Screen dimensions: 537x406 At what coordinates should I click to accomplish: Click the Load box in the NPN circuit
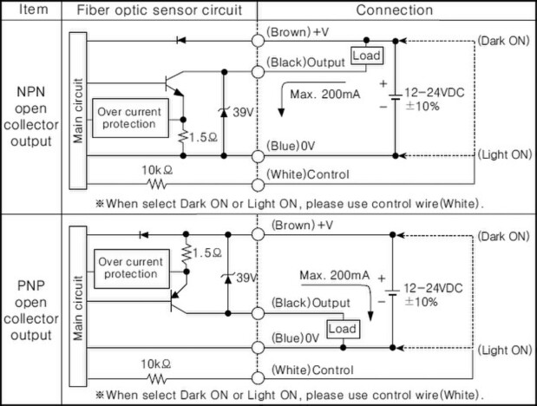[367, 56]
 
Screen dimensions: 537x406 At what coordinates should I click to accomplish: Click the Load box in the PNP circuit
[343, 329]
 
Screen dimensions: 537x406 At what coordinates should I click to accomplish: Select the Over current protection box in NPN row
[130, 118]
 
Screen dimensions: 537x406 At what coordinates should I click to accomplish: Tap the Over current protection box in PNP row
[132, 269]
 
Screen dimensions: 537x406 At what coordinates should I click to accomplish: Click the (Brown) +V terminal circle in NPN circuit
[258, 41]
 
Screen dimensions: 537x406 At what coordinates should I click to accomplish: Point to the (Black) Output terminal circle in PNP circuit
[258, 313]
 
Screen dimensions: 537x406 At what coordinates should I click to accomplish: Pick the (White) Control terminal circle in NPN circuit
[258, 185]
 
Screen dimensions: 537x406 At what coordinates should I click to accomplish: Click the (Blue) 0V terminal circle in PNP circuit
[258, 348]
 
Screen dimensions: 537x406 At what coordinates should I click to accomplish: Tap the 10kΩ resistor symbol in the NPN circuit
[157, 185]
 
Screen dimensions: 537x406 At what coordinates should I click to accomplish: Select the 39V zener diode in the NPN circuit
[224, 112]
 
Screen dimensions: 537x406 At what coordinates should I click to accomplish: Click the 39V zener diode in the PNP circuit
[228, 278]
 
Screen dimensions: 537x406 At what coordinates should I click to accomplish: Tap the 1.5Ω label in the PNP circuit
[207, 253]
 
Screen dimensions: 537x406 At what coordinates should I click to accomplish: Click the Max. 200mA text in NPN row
[325, 94]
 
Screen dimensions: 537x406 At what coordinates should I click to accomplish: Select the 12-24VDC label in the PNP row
[433, 288]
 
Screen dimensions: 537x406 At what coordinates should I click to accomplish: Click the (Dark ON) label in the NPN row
[504, 41]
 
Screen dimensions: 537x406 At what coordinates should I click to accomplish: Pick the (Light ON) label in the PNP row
[505, 350]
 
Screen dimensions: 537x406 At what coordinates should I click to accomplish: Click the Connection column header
[395, 10]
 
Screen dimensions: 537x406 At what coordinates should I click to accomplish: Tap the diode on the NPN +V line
[181, 41]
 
